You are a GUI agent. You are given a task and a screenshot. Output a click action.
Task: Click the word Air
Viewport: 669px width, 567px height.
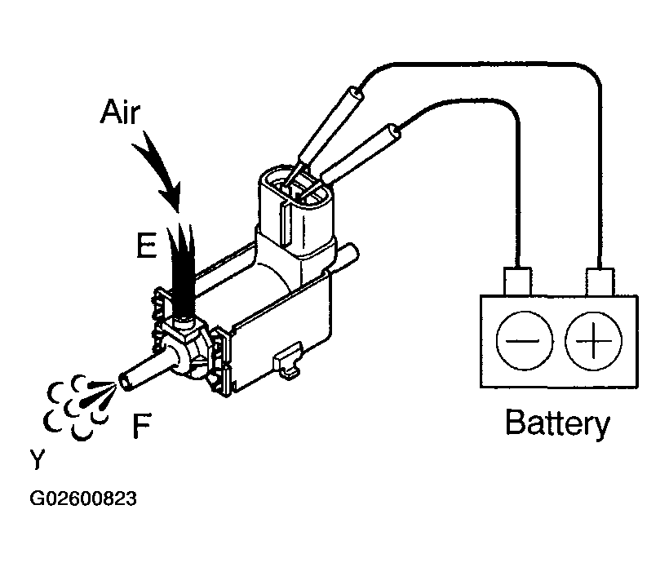(120, 112)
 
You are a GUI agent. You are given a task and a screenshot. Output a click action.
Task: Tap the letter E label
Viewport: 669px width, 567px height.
(146, 245)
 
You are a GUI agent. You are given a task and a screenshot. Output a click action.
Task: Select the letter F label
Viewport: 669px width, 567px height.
(141, 425)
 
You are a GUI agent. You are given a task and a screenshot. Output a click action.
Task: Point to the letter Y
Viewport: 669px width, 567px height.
(38, 458)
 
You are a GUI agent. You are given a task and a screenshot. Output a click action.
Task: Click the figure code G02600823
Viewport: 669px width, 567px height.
(83, 498)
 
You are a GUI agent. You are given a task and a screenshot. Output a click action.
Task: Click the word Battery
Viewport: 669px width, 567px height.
(557, 423)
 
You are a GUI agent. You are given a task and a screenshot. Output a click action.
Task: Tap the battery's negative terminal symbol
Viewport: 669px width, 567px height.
(525, 340)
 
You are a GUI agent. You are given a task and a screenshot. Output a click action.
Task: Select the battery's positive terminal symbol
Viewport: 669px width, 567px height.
(593, 340)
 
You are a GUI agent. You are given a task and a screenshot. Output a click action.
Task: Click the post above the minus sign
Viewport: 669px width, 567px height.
(517, 281)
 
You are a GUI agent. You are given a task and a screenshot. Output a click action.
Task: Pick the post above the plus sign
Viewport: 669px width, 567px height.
(600, 281)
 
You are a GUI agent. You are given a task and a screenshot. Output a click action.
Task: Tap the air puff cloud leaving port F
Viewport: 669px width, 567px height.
(79, 406)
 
